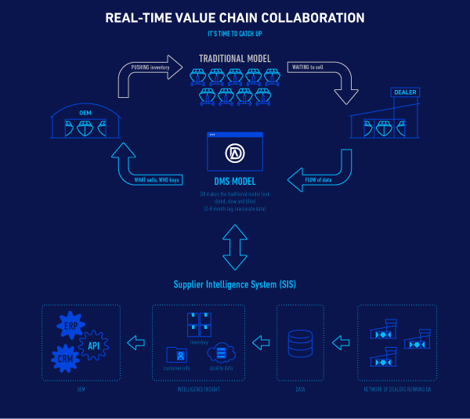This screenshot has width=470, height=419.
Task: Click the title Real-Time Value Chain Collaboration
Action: point(234,17)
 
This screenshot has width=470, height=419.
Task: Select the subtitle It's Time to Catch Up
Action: point(234,34)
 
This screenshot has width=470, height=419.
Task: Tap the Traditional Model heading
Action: point(234,59)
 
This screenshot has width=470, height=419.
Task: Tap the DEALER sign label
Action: point(404,92)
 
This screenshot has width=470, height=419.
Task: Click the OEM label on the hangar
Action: point(85,113)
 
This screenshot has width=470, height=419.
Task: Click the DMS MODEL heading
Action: point(234,182)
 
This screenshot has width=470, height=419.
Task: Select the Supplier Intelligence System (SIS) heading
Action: point(234,284)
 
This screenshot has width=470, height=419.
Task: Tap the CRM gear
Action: point(65,359)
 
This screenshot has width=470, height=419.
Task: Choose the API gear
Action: point(93,345)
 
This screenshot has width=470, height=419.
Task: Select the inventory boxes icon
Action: point(199,324)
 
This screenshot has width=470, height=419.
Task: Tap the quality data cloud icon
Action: point(221,353)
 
